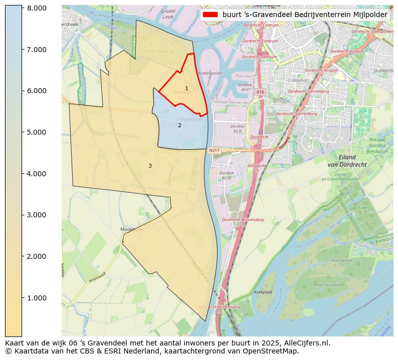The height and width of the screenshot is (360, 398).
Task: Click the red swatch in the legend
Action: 211,15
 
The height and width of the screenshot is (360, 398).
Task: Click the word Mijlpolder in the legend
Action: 369,15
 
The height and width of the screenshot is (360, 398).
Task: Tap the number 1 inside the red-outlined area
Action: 186,89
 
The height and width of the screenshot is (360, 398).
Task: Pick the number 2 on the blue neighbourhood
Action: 179,126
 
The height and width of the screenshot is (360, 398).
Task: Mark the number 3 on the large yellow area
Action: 150,166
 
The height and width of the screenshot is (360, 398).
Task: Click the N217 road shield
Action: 214,150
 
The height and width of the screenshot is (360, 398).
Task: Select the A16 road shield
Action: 260,92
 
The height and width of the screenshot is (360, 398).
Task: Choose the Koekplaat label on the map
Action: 263,291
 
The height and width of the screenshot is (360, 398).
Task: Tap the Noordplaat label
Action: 342,260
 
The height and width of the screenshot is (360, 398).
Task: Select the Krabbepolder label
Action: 210,73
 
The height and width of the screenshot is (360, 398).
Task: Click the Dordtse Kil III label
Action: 226,175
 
